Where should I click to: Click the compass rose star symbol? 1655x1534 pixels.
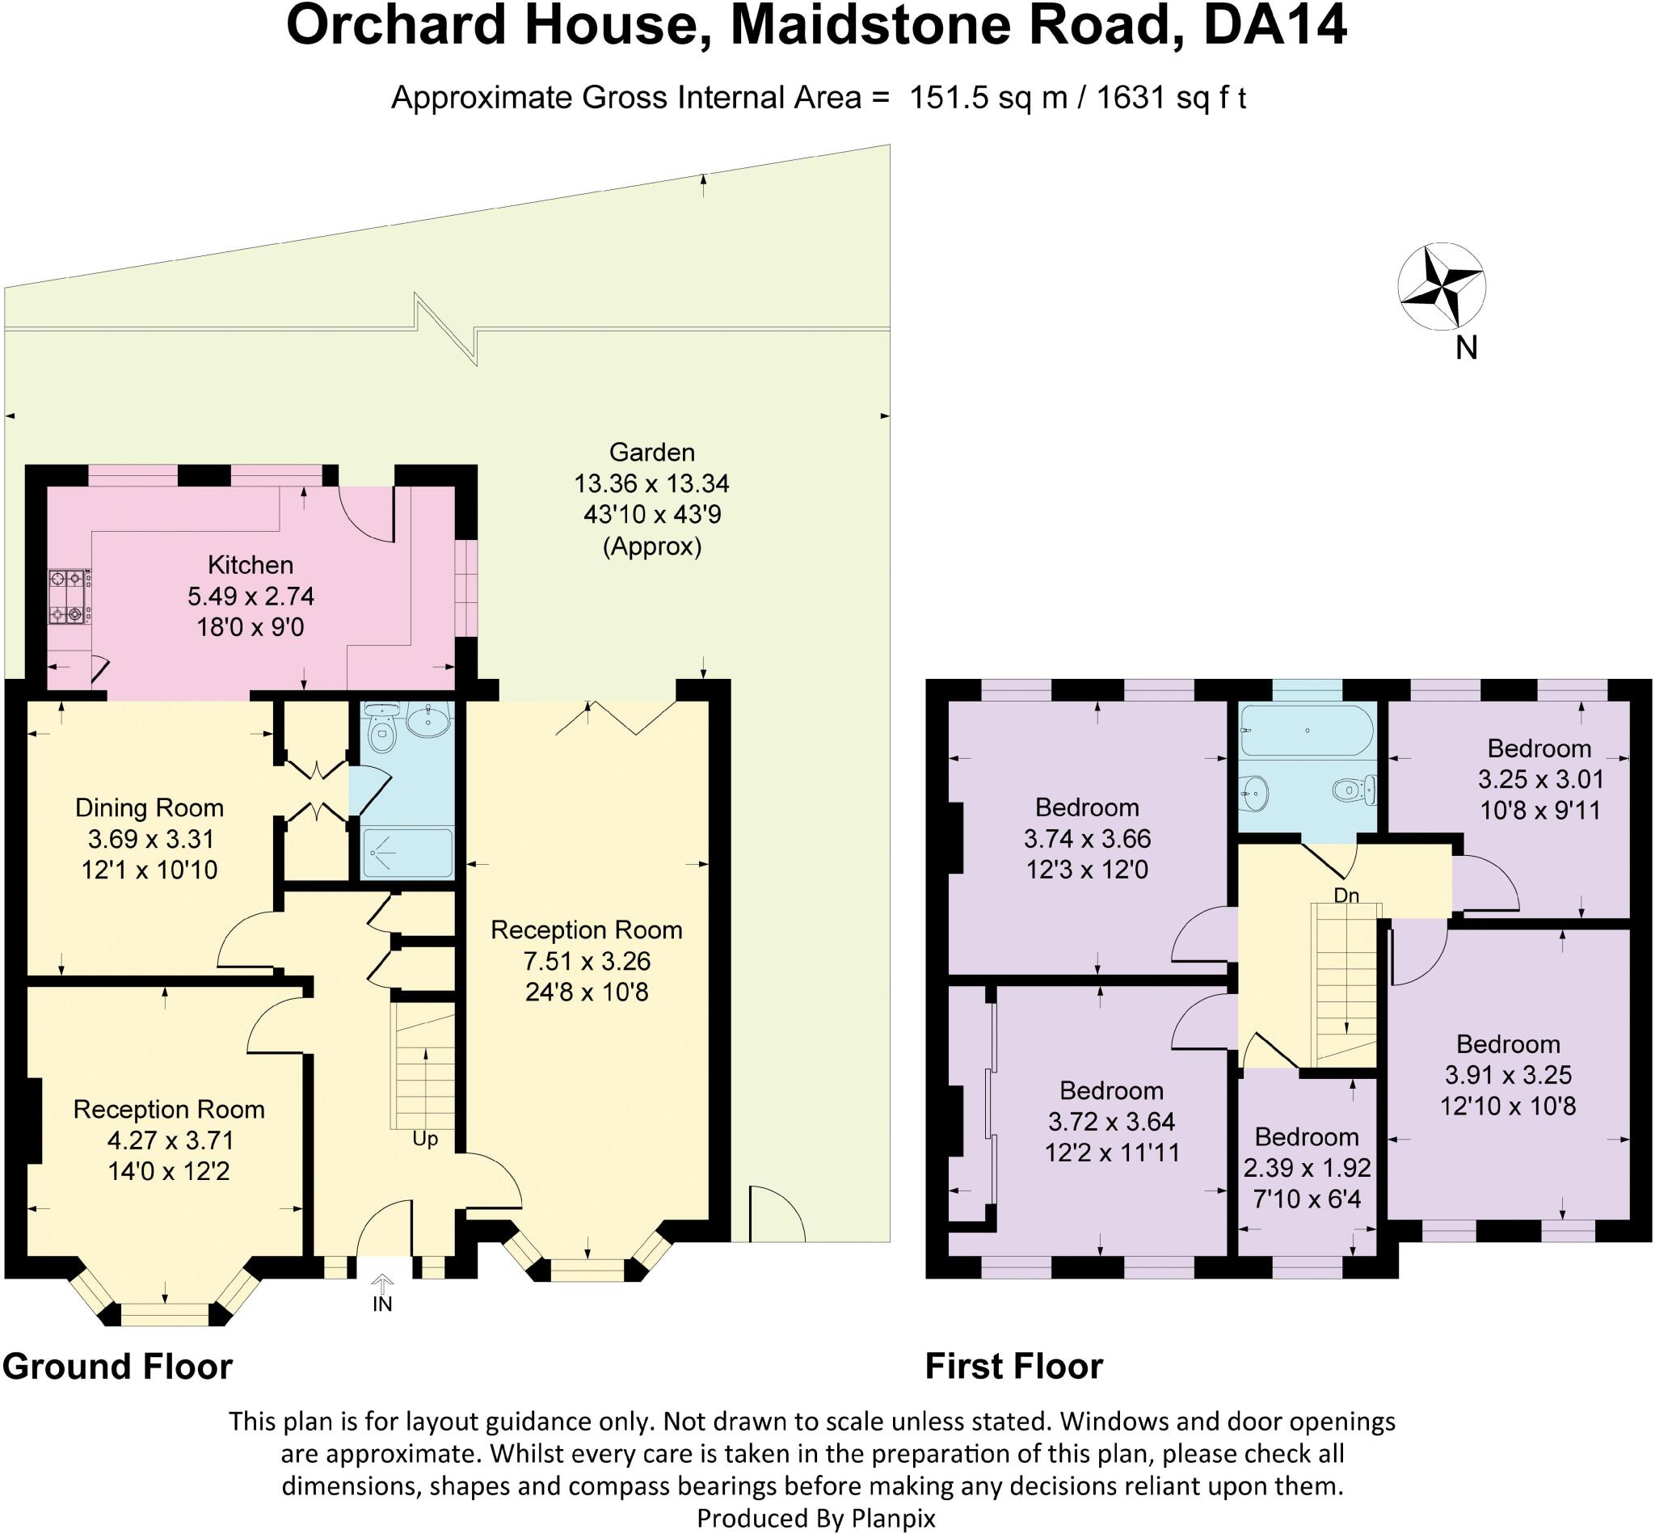click(x=1442, y=287)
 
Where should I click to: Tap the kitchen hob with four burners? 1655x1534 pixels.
click(x=69, y=595)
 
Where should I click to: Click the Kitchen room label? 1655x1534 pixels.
click(x=250, y=565)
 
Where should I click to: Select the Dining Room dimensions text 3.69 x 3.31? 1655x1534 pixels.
click(x=151, y=838)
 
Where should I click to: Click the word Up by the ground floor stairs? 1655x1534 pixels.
click(x=425, y=1139)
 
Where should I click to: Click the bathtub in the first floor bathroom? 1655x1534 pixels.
click(x=1307, y=731)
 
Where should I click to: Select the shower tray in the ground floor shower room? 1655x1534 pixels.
click(x=406, y=853)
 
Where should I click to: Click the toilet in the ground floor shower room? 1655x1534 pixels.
click(x=381, y=735)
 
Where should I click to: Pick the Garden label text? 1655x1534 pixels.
click(x=651, y=453)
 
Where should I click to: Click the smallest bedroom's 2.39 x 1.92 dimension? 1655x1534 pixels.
click(x=1307, y=1168)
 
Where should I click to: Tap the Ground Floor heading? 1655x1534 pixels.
click(x=118, y=1367)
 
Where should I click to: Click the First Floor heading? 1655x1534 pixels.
click(x=1013, y=1367)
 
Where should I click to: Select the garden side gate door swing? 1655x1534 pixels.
click(x=776, y=1216)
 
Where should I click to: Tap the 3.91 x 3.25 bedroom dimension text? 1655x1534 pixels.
click(x=1507, y=1075)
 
